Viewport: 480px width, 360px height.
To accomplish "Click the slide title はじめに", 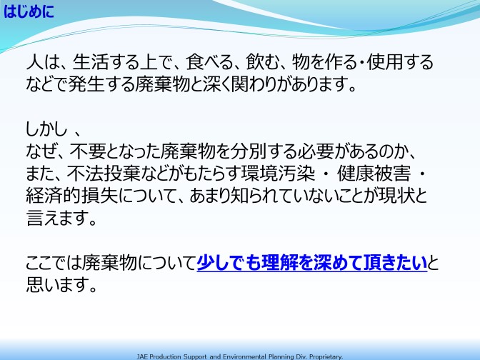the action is pyautogui.click(x=29, y=12).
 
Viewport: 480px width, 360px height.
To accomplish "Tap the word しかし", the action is pyautogui.click(x=46, y=129).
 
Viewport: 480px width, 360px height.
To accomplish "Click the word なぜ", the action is pyautogui.click(x=41, y=151).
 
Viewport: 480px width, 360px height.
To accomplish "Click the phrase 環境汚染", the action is pyautogui.click(x=278, y=174).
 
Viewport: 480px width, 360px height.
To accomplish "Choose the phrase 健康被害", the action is pyautogui.click(x=374, y=174).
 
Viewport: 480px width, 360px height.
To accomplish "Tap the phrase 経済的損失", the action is pyautogui.click(x=72, y=196).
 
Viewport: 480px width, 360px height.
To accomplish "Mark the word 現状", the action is pyautogui.click(x=396, y=196).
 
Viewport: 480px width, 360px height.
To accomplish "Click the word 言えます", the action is pyautogui.click(x=61, y=218).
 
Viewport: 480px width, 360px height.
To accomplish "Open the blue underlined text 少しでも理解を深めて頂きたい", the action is pyautogui.click(x=311, y=263).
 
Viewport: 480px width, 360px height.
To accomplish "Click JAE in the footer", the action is pyautogui.click(x=142, y=356).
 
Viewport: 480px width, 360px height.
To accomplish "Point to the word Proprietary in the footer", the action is pyautogui.click(x=326, y=357).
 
